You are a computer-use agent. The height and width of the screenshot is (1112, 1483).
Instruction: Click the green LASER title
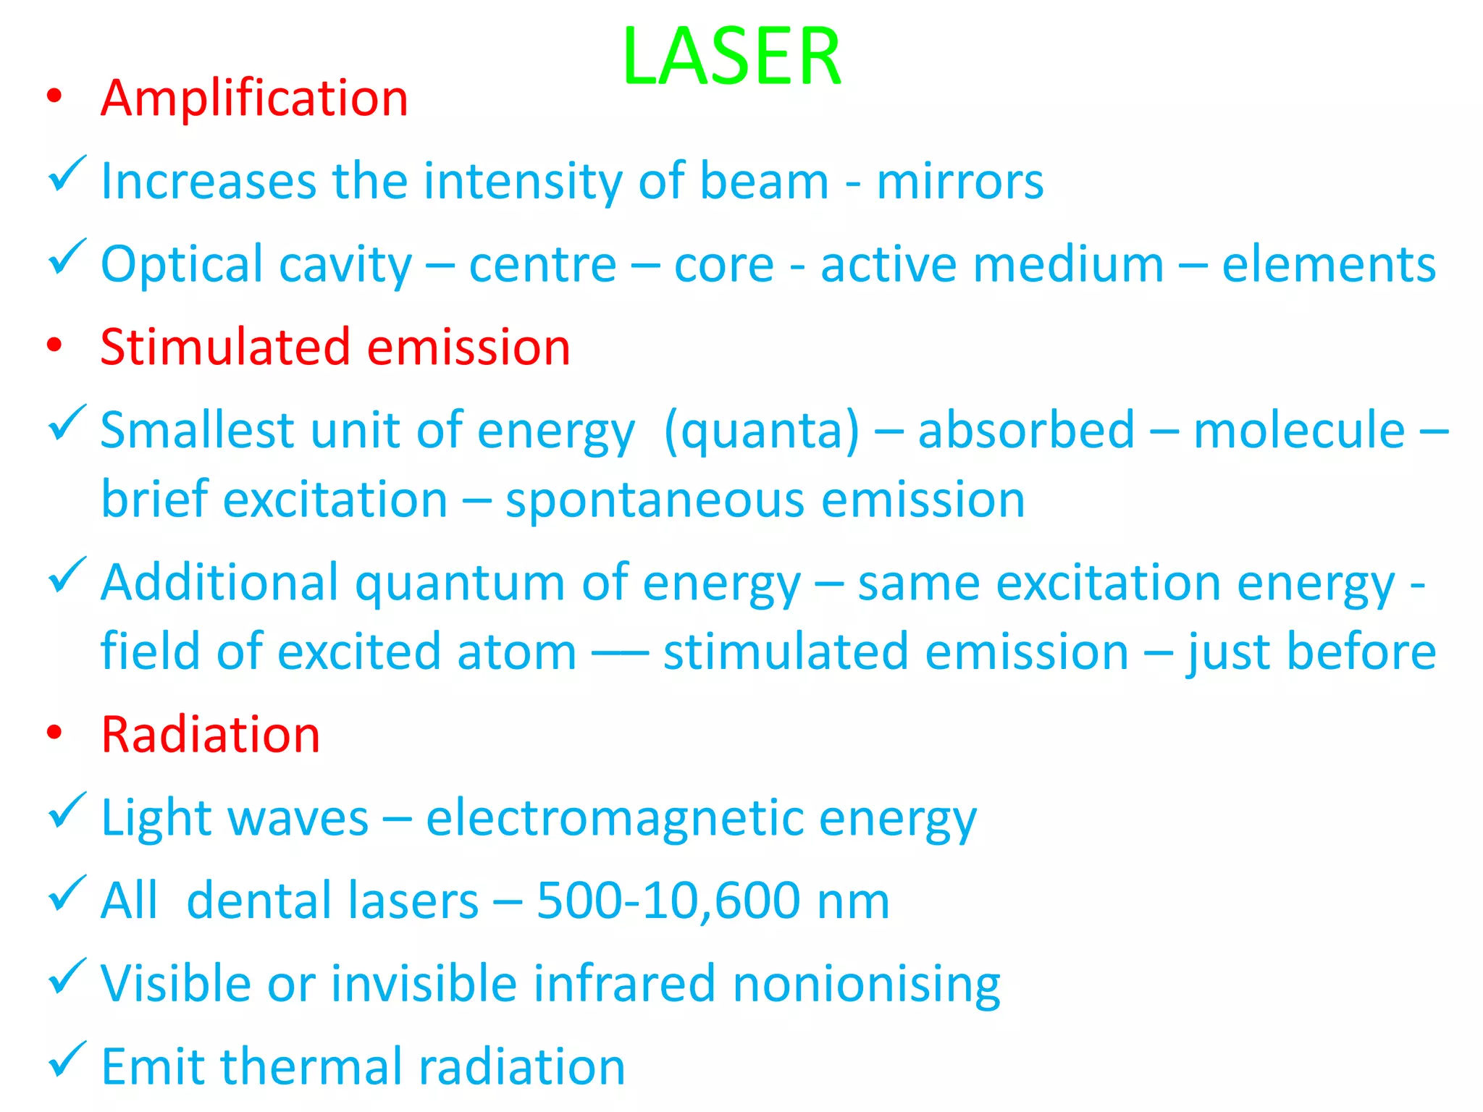pos(731,56)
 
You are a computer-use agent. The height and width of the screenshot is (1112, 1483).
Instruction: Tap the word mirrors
pos(959,181)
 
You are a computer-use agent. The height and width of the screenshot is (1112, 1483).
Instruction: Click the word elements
pos(1328,265)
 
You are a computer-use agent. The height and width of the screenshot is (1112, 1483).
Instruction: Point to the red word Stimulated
pos(225,347)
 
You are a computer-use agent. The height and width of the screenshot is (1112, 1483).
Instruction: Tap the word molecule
pos(1298,431)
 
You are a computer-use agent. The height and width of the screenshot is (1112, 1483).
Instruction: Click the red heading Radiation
pos(210,735)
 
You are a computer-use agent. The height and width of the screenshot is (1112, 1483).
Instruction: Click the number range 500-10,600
pos(668,901)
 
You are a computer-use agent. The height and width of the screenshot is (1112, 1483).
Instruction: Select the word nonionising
pos(866,985)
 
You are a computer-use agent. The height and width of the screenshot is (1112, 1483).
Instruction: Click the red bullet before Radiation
pos(54,733)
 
